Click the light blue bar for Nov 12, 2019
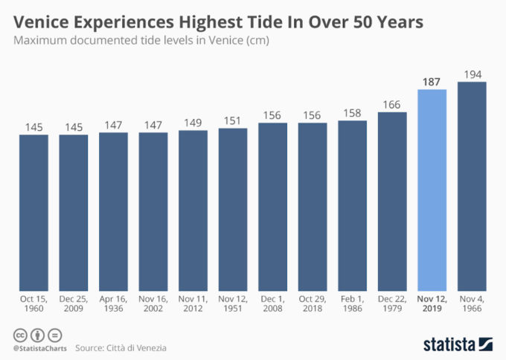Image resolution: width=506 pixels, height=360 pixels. pyautogui.click(x=432, y=190)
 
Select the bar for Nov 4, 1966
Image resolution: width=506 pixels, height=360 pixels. pyautogui.click(x=472, y=186)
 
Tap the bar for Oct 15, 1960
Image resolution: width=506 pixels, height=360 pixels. pyautogui.click(x=33, y=212)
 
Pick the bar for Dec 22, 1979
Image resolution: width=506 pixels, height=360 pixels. pyautogui.click(x=392, y=201)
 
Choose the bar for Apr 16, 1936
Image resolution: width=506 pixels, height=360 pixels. pyautogui.click(x=113, y=211)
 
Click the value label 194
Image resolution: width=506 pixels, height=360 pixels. pyautogui.click(x=472, y=74)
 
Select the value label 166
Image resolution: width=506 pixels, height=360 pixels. pyautogui.click(x=392, y=105)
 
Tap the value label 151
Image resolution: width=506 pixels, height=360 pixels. pyautogui.click(x=233, y=121)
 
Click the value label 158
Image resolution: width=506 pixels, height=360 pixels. pyautogui.click(x=353, y=114)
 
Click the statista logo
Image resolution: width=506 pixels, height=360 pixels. pyautogui.click(x=458, y=343)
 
